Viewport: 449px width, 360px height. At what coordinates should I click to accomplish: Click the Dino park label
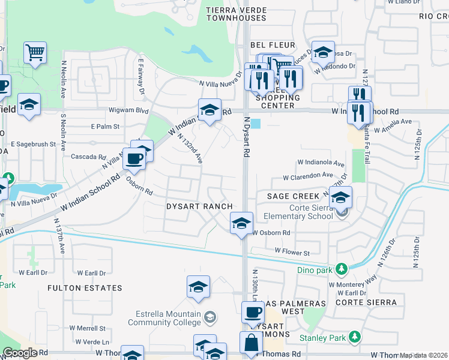pos(314,269)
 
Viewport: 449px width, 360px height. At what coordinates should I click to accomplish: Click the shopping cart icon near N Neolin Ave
pos(35,53)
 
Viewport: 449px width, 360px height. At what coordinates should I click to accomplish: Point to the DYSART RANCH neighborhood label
pos(199,206)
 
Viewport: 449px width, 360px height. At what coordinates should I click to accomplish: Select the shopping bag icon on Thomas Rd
pos(252,343)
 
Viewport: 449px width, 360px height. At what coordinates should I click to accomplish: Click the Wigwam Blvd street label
pos(128,110)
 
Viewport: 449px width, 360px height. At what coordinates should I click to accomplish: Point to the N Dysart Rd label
pos(246,137)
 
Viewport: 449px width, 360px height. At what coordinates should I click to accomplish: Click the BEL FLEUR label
pos(273,45)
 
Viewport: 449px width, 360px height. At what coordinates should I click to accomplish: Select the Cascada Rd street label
pos(89,157)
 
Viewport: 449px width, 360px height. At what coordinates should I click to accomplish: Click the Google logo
pos(20,353)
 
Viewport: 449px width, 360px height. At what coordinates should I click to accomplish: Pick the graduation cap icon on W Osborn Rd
pos(241,224)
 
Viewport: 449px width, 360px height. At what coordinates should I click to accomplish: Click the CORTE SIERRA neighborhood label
pos(367,302)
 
